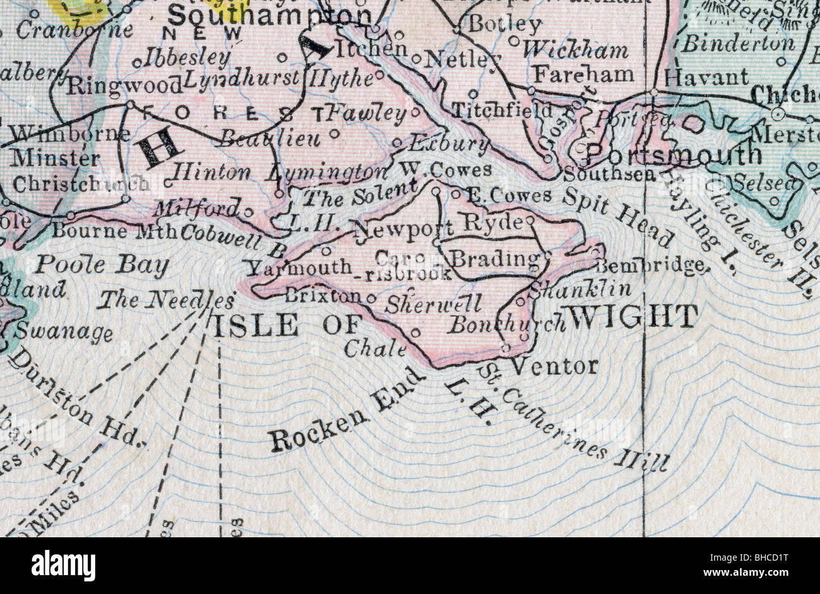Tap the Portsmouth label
[x=674, y=154]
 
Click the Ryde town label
[x=493, y=222]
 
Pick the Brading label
[x=496, y=259]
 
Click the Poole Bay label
[x=101, y=265]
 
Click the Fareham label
[x=583, y=74]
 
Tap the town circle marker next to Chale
[x=414, y=332]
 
